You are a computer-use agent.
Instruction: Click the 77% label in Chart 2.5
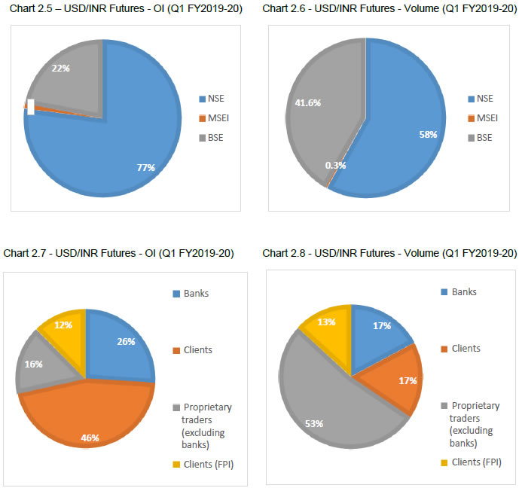pos(145,168)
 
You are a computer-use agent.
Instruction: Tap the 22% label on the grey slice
pos(61,68)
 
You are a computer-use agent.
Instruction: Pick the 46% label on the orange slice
pos(89,438)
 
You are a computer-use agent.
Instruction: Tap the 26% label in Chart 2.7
pos(126,341)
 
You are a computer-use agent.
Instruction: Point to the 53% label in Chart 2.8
pos(314,424)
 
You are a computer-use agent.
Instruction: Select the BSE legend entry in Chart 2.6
pos(484,137)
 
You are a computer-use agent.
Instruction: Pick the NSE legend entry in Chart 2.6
pos(484,99)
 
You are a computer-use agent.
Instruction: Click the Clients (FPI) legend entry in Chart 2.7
pos(205,464)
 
